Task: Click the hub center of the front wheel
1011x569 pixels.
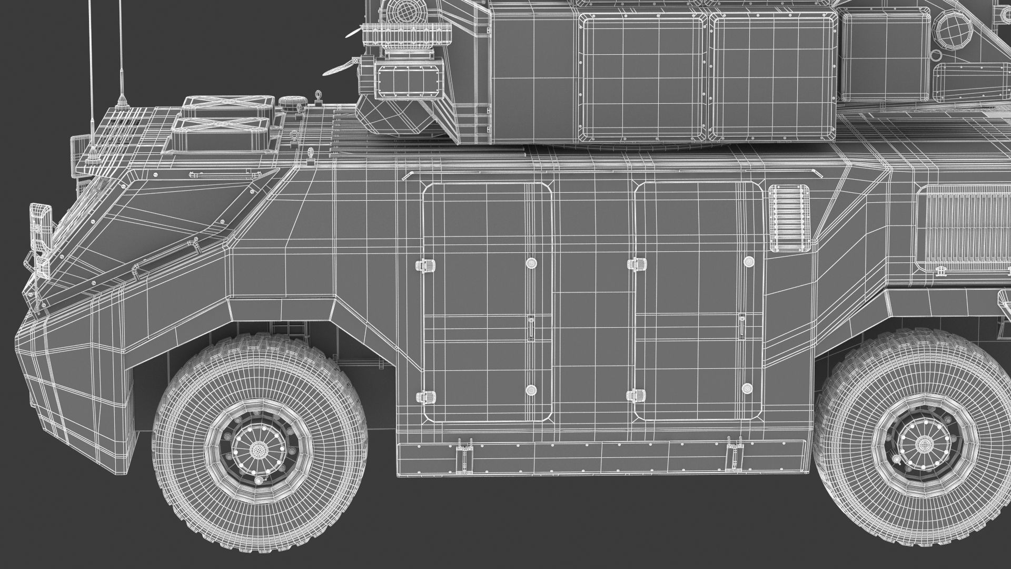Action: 257,449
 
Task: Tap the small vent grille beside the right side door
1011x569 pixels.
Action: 788,217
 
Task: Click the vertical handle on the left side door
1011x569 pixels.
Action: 531,328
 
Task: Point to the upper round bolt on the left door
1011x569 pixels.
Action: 531,263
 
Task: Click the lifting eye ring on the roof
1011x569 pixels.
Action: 318,96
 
